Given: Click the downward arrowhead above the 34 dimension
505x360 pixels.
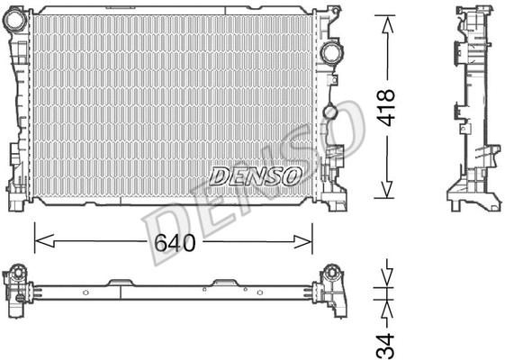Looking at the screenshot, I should [x=387, y=277].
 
